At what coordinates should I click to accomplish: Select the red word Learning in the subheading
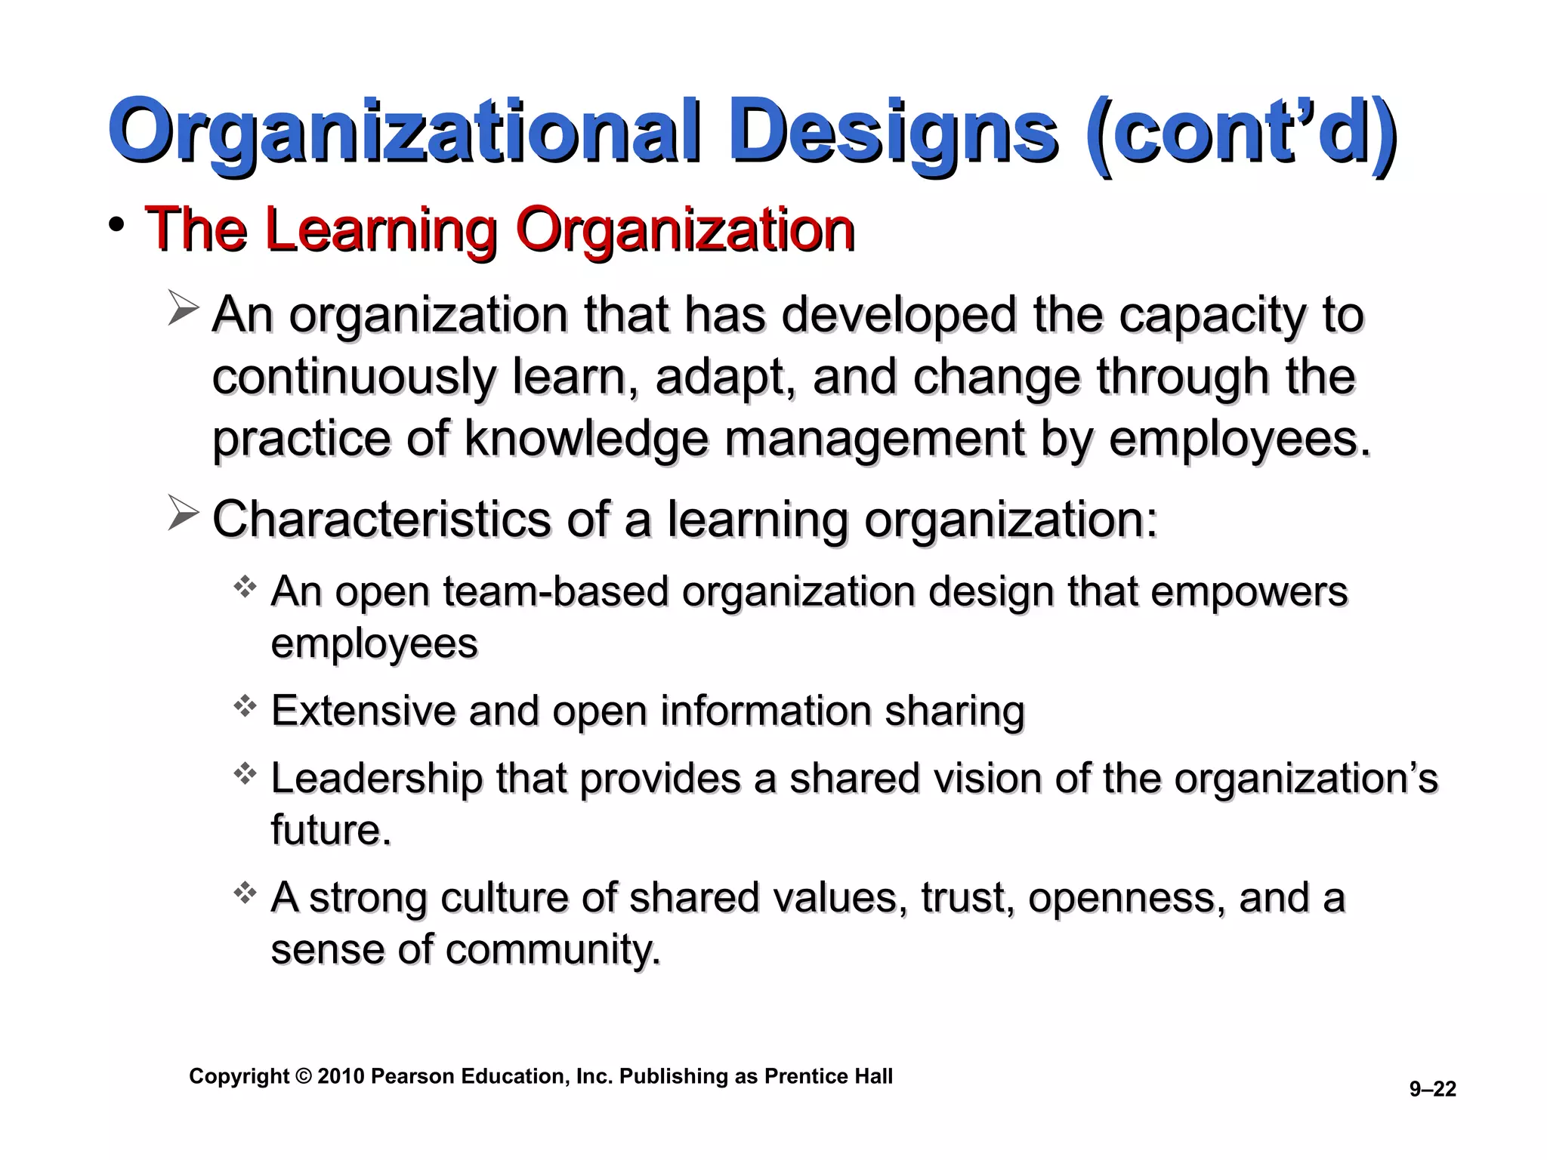coord(381,230)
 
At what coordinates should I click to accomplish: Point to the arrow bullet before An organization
coord(183,309)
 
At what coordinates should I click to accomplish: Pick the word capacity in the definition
coord(1212,315)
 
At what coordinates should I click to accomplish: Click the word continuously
coord(353,377)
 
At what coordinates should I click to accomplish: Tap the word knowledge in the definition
coord(586,439)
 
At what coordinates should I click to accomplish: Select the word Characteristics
coord(381,520)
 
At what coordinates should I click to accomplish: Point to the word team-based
coord(556,591)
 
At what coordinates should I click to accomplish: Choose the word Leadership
coord(376,779)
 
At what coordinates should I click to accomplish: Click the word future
coord(330,830)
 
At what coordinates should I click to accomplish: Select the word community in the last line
coord(551,949)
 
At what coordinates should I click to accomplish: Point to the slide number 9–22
coord(1432,1089)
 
